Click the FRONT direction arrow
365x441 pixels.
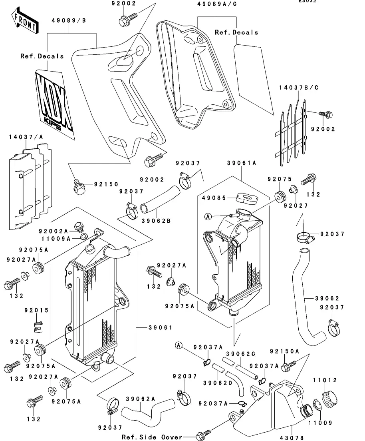coord(24,21)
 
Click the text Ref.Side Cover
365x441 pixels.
coord(152,437)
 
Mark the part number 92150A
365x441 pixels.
coord(284,351)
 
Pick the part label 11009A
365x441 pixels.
coord(55,239)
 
